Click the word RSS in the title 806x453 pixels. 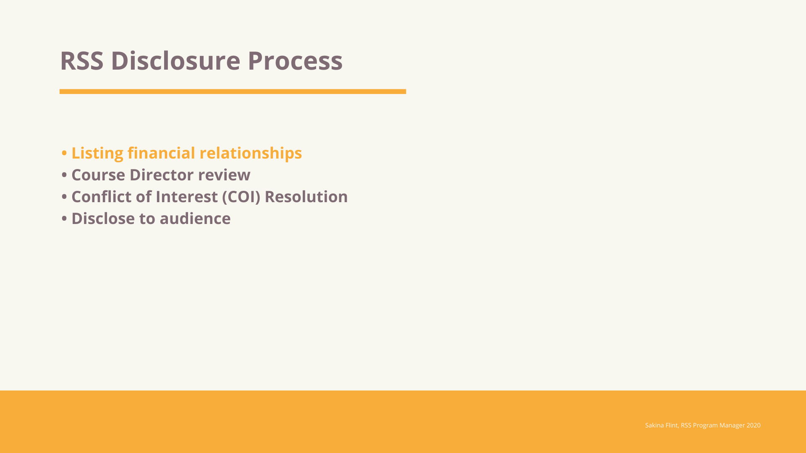(x=81, y=60)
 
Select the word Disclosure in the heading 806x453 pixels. (x=175, y=60)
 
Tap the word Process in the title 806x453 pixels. (x=295, y=60)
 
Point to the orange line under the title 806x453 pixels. (x=233, y=91)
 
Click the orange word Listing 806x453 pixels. (x=97, y=153)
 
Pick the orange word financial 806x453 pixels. (x=161, y=153)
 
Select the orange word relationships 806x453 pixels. (x=251, y=153)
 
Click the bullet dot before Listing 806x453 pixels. (x=64, y=154)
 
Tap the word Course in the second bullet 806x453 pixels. (x=98, y=175)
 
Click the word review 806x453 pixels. (x=224, y=175)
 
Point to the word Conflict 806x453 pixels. (x=101, y=197)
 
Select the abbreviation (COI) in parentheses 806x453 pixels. (x=241, y=197)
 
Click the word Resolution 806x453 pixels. (x=306, y=197)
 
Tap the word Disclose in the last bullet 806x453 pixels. (x=103, y=219)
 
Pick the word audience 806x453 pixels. (x=195, y=219)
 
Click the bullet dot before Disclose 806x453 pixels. (x=64, y=219)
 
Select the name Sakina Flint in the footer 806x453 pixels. (x=661, y=425)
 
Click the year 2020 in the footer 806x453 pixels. (x=753, y=425)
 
